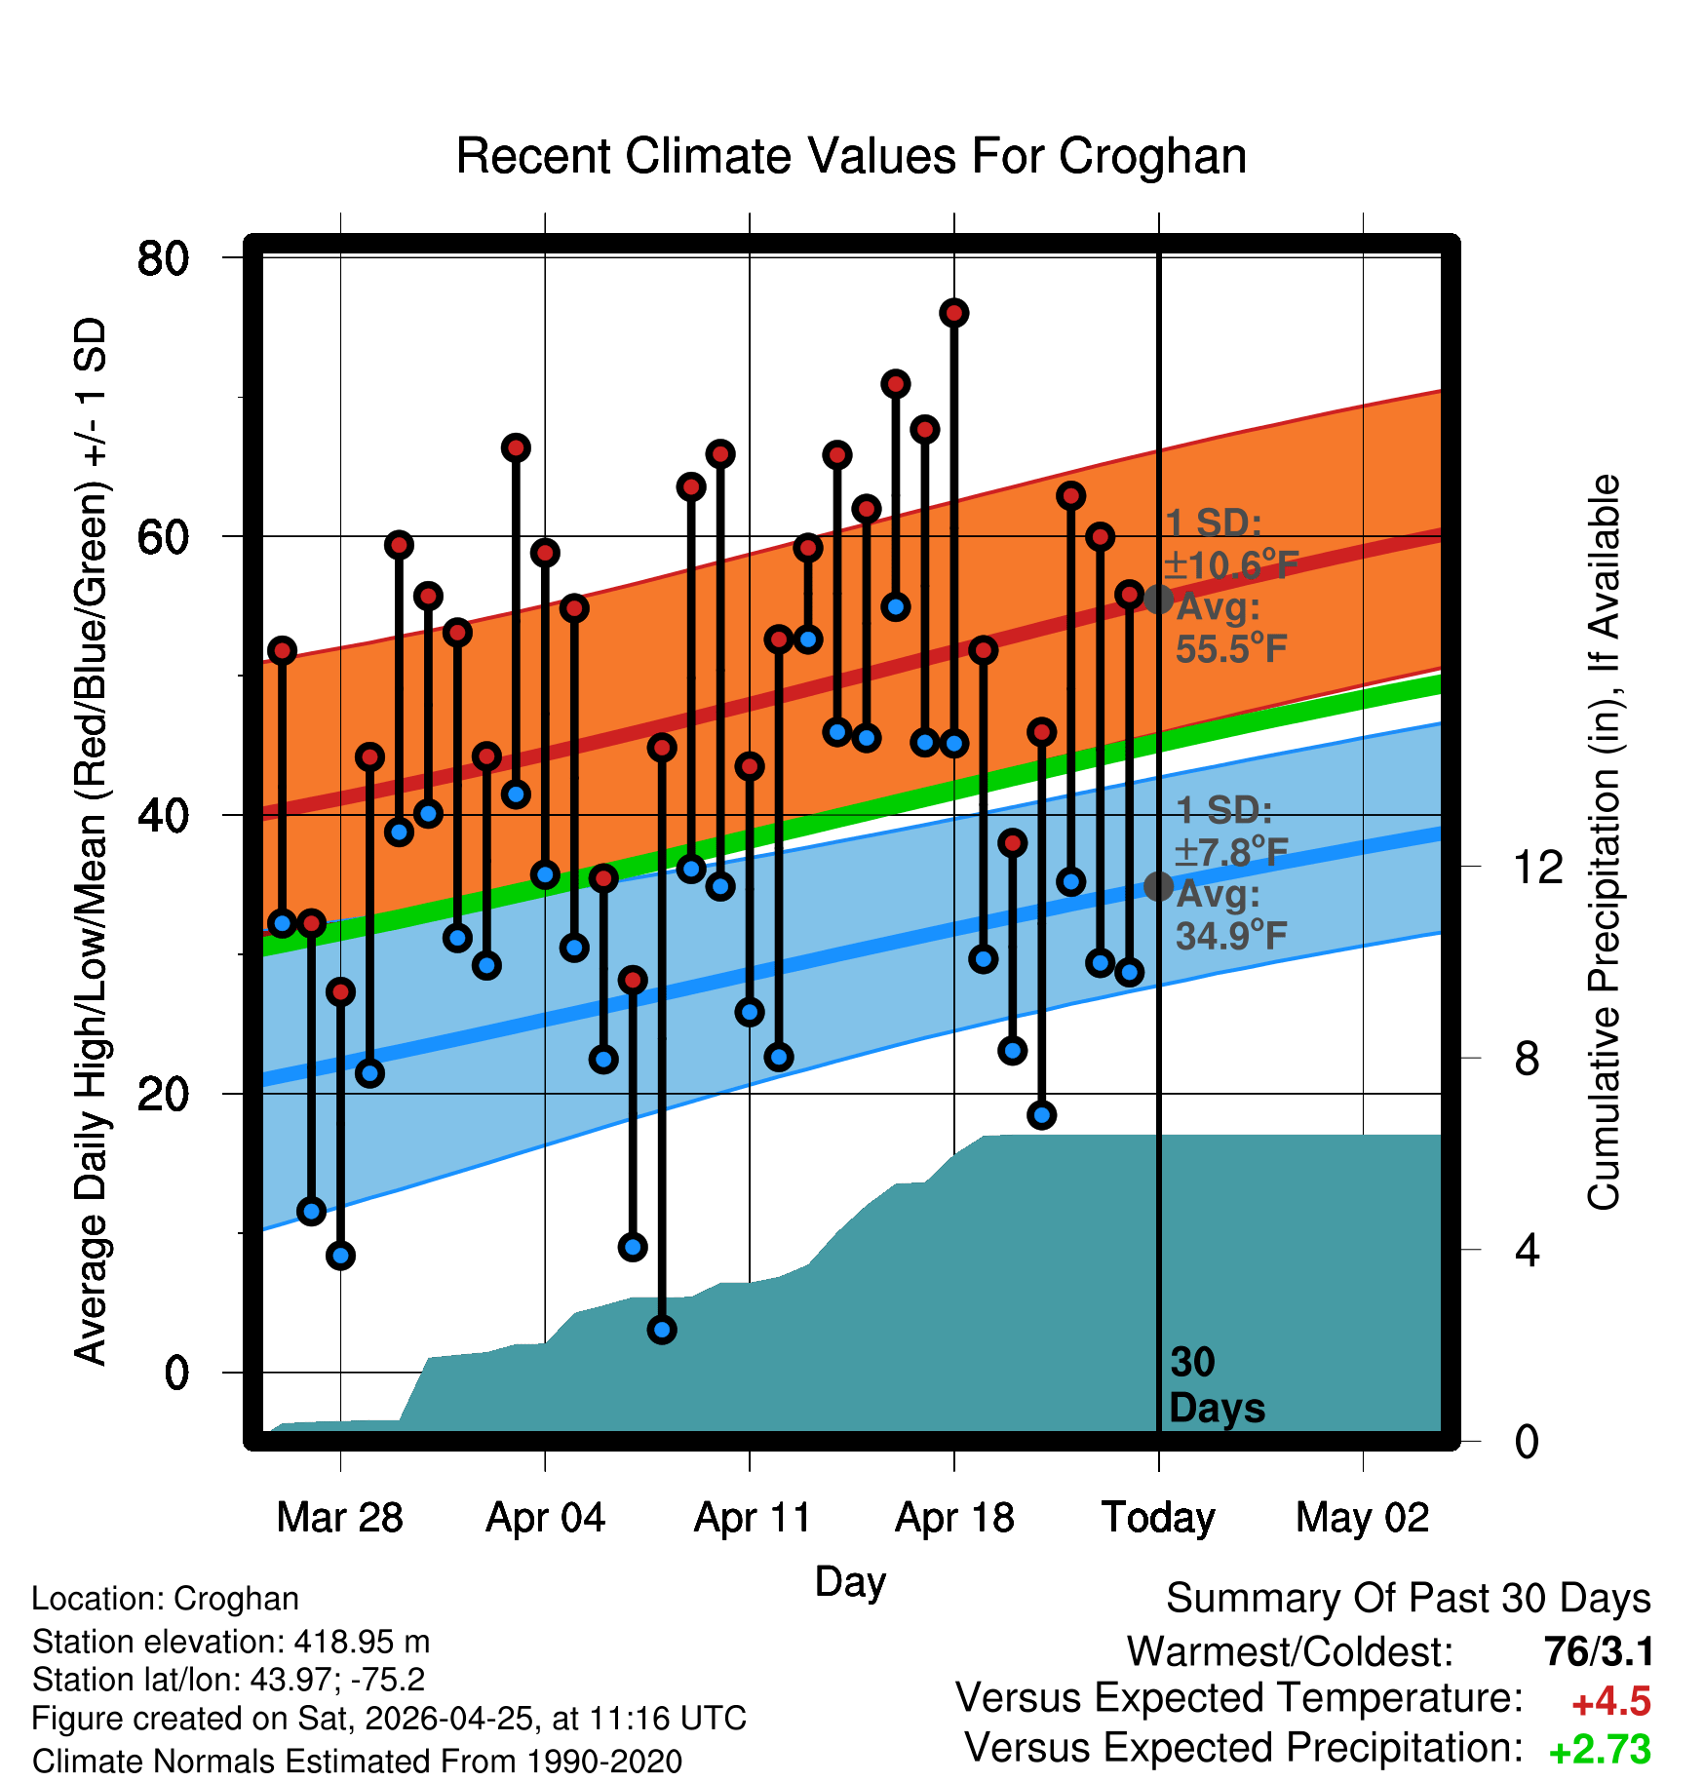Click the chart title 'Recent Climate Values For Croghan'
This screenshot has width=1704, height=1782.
tap(851, 157)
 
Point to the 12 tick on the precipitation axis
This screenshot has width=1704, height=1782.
tap(1538, 867)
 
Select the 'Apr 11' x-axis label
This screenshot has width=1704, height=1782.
tap(752, 1518)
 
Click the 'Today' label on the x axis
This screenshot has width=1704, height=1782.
tap(1158, 1518)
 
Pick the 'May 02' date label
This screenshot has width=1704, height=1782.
tap(1363, 1518)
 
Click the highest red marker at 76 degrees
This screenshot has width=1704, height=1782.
tap(954, 313)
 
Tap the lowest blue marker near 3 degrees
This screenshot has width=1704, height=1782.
tap(662, 1330)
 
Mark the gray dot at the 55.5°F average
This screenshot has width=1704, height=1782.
tap(1158, 600)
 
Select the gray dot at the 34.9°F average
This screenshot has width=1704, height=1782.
tap(1158, 886)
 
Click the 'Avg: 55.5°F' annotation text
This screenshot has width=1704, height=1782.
tap(1231, 628)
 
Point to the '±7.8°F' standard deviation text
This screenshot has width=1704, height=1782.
tap(1231, 852)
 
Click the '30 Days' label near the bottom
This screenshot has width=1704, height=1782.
tap(1217, 1385)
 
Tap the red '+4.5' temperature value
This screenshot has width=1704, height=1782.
tap(1611, 1702)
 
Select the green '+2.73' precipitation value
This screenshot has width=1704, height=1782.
tap(1600, 1750)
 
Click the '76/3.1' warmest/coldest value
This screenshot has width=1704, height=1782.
tap(1599, 1652)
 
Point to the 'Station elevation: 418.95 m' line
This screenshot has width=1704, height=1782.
tap(231, 1643)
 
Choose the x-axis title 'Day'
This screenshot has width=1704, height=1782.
tap(850, 1582)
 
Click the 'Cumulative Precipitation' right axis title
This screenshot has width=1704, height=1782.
tap(1604, 843)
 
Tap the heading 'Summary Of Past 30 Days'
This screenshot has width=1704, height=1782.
tap(1409, 1599)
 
